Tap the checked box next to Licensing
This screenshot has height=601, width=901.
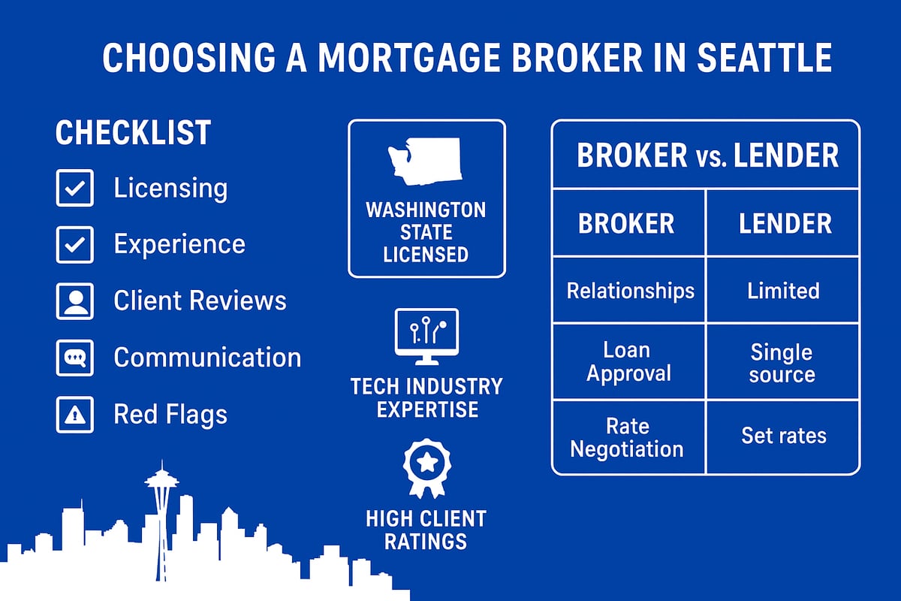(x=75, y=188)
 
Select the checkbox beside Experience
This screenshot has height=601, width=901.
(x=75, y=244)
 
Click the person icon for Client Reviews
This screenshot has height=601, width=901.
(x=75, y=301)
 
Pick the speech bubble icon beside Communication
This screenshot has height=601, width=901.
(x=75, y=358)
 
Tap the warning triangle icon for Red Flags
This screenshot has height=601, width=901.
(x=75, y=415)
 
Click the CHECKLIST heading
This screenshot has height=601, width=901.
(x=133, y=133)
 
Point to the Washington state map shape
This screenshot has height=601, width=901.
(x=426, y=162)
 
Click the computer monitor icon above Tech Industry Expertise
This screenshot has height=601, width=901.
(x=426, y=336)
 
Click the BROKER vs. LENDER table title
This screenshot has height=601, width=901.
(x=707, y=156)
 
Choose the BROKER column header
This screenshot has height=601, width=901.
(x=626, y=223)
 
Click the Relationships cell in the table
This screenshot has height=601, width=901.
(x=630, y=291)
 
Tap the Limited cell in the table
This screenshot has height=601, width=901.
(x=783, y=291)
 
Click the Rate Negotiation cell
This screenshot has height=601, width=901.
(x=627, y=437)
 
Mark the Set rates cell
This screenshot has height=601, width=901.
(x=783, y=436)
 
